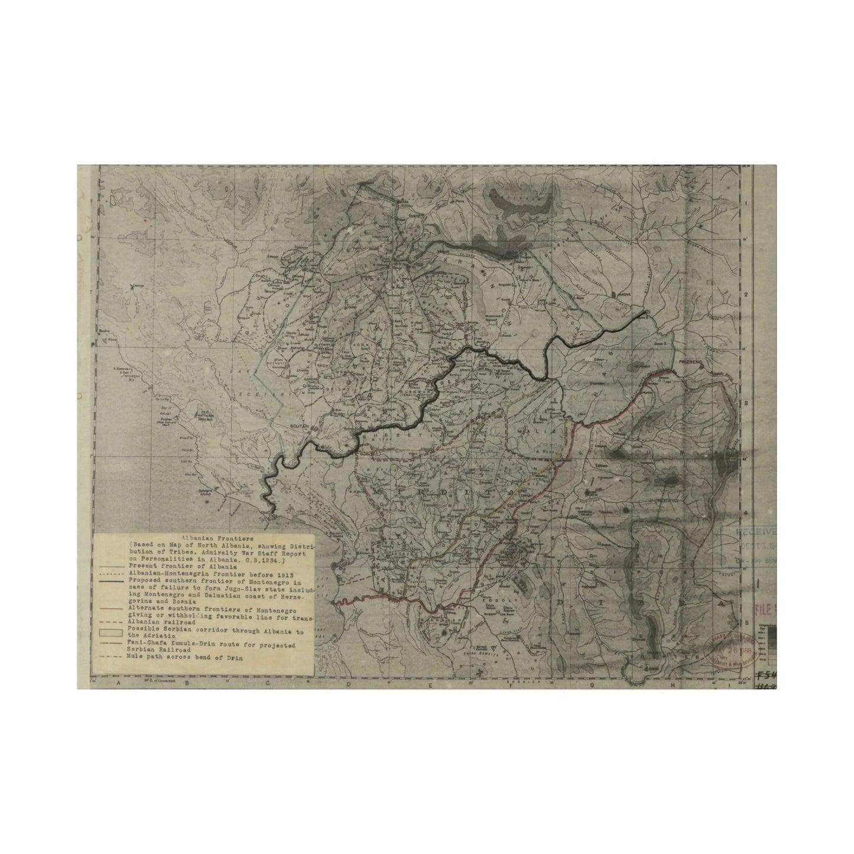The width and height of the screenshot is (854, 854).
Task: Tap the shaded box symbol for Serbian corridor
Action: tap(111, 631)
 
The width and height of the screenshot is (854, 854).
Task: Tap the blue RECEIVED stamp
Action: tap(748, 531)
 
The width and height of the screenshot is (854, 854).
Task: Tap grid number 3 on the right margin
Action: tap(746, 403)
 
